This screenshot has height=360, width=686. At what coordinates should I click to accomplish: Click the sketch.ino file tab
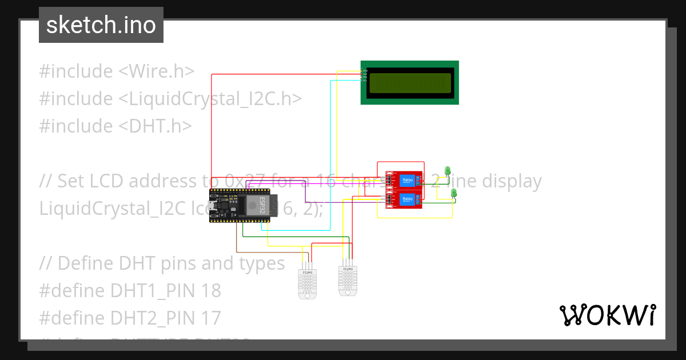pyautogui.click(x=101, y=25)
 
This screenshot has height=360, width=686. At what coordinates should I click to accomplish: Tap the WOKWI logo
pyautogui.click(x=607, y=315)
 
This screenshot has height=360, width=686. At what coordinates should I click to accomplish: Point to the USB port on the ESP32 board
pyautogui.click(x=213, y=206)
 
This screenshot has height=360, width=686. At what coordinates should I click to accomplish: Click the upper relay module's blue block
pyautogui.click(x=408, y=181)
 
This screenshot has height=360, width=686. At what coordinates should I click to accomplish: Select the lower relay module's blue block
pyautogui.click(x=408, y=199)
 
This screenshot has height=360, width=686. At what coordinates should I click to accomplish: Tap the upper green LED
pyautogui.click(x=449, y=170)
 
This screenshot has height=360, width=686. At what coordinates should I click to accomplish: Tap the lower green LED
pyautogui.click(x=454, y=193)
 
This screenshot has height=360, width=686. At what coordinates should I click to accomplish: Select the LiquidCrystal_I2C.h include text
pyautogui.click(x=210, y=99)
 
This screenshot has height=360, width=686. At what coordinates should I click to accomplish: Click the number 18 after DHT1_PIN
pyautogui.click(x=210, y=291)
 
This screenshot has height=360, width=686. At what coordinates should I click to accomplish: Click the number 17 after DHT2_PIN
pyautogui.click(x=210, y=318)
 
